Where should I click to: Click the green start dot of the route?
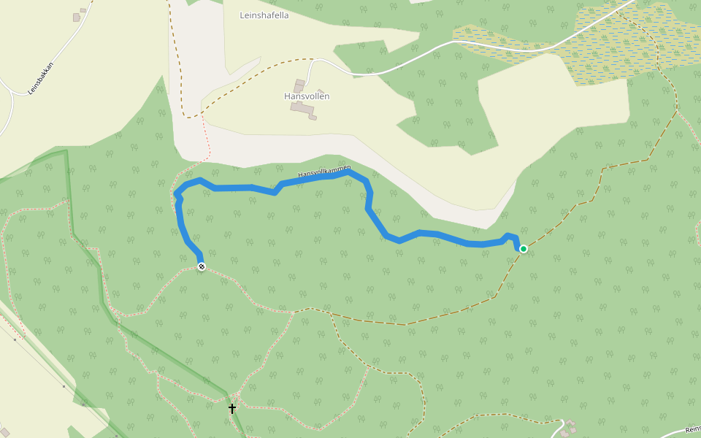point(524,249)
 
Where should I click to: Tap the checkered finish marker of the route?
point(201,266)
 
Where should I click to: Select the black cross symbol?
point(232,408)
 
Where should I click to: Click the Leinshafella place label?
point(264,15)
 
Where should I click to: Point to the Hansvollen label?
point(307,96)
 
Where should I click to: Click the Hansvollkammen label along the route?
point(324,172)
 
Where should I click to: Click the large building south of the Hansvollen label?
point(302,109)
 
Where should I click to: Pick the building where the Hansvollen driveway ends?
point(299,85)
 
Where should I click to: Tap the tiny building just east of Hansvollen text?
point(321,92)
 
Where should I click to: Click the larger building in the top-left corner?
point(76,17)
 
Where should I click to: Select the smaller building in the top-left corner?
point(83,10)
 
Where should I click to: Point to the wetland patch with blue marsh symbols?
point(621,44)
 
